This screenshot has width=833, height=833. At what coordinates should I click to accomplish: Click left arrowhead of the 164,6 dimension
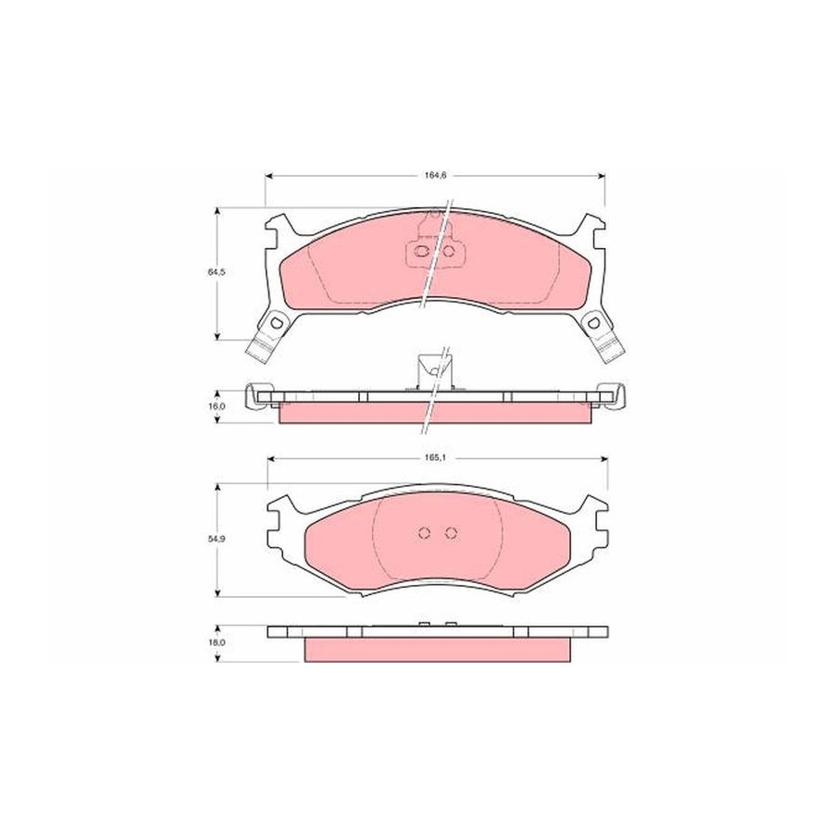coord(268,176)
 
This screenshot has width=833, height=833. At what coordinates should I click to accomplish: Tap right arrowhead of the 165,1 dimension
coord(604,458)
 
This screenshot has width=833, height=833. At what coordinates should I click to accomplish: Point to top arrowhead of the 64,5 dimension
coord(217,211)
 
